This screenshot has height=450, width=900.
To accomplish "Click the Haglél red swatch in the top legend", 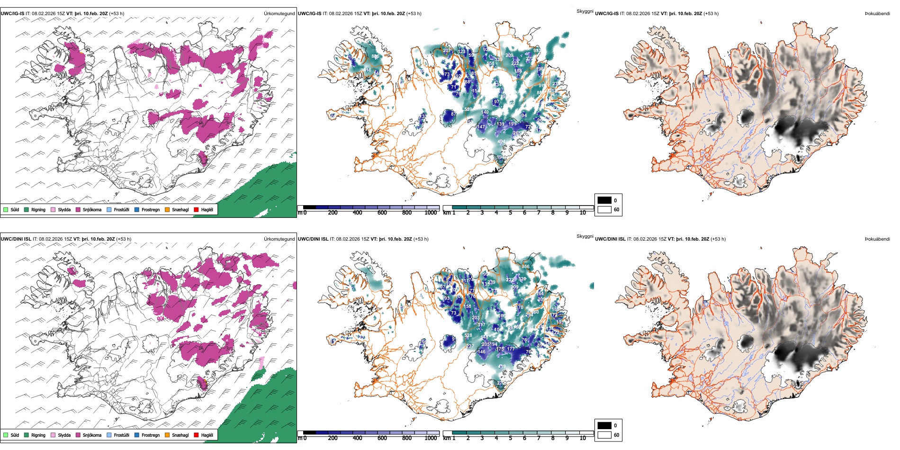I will click(196, 209).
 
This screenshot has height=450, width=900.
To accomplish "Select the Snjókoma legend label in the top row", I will click(92, 210).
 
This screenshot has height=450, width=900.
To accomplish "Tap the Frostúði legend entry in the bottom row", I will click(121, 435).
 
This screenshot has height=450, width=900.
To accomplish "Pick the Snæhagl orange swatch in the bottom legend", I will click(167, 435).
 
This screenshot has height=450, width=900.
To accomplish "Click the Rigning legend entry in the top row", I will click(38, 210).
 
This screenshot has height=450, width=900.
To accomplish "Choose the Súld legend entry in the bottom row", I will click(15, 435).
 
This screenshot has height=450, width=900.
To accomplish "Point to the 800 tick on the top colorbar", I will click(406, 213).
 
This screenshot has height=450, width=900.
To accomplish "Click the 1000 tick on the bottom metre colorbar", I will click(431, 438).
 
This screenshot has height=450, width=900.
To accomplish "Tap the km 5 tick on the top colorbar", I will click(510, 213).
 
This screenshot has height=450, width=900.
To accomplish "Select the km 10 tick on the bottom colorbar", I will click(583, 438).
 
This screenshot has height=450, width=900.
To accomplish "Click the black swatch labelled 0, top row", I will click(604, 200).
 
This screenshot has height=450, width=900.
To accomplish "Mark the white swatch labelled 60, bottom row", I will click(604, 435).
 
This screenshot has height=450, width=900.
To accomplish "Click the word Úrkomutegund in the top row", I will click(279, 14).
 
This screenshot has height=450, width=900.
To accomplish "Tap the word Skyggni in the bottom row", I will click(585, 236).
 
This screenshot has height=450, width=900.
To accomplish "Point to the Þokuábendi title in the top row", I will click(877, 14).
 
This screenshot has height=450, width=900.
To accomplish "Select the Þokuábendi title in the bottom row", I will click(877, 239).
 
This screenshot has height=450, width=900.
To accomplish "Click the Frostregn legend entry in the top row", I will click(150, 210).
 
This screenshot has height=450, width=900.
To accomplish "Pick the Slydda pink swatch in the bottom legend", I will click(53, 435).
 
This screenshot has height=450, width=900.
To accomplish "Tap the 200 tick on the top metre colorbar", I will click(333, 213).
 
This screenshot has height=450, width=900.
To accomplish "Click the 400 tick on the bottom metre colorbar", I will click(357, 438).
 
